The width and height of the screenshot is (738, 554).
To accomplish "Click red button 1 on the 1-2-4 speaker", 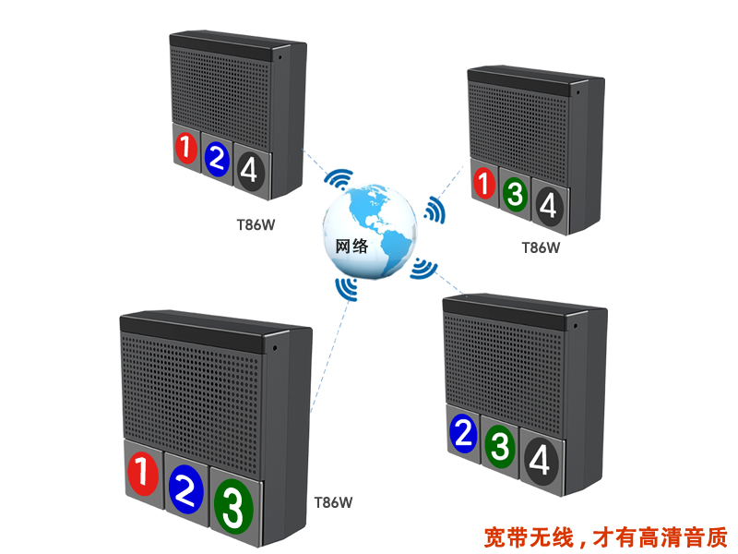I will pos(186,149).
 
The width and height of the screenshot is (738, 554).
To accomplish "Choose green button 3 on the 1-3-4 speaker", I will pos(515,195).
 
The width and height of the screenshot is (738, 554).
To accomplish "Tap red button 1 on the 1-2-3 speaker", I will pos(142,474).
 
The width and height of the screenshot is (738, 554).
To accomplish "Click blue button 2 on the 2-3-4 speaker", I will pos(465,434).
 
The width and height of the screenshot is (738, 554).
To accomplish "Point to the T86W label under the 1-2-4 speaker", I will pos(256,223).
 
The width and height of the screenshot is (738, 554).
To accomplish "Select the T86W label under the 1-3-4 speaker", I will pos(541,247).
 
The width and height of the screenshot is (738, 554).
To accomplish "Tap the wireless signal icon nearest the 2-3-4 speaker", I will pos(423,267).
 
